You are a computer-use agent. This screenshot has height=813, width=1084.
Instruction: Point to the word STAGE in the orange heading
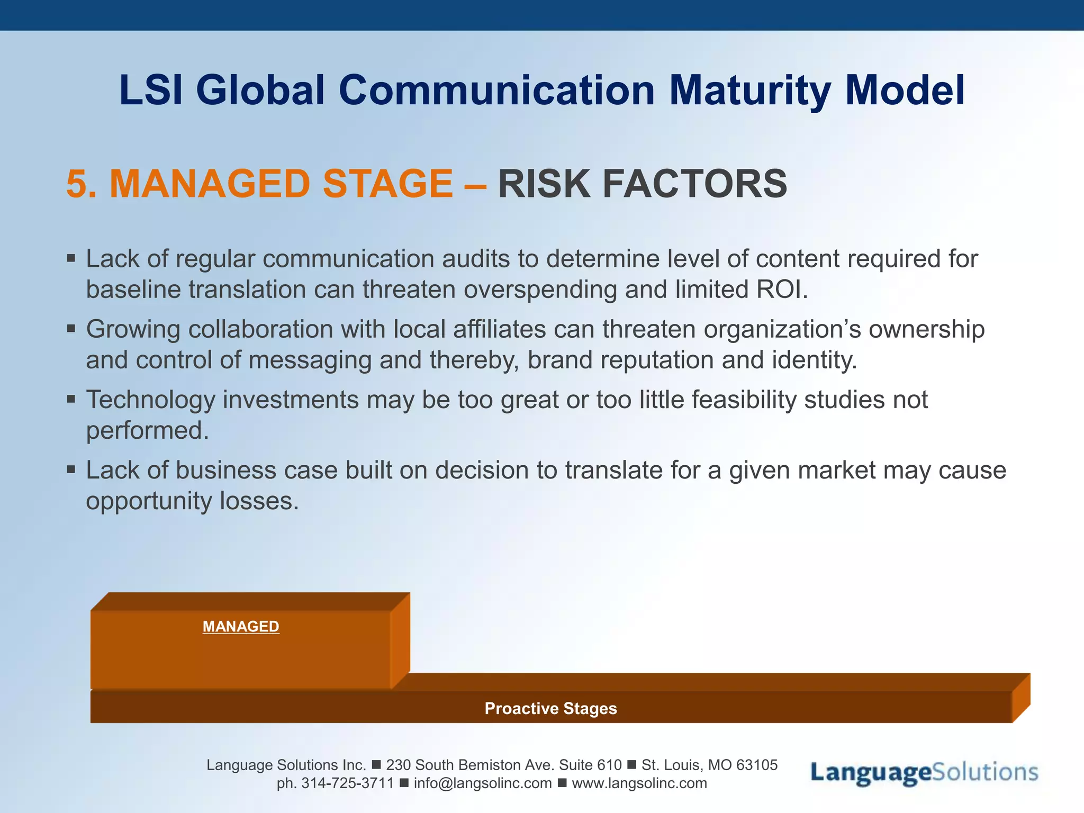coord(387,184)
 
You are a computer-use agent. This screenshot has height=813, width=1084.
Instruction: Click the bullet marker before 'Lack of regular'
coord(71,259)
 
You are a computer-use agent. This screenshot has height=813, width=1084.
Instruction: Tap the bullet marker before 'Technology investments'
coord(71,400)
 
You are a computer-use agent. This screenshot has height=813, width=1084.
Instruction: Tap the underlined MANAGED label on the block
coord(241,627)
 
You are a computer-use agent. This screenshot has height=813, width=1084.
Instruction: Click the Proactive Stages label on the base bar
coord(550,708)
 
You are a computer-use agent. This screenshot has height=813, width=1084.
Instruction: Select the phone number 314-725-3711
coord(347,783)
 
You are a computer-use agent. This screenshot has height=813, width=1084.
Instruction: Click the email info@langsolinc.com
coord(483,783)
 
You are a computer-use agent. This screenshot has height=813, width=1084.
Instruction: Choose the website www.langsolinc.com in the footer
coord(639,783)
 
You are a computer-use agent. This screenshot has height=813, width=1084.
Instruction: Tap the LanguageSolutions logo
coord(924,773)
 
